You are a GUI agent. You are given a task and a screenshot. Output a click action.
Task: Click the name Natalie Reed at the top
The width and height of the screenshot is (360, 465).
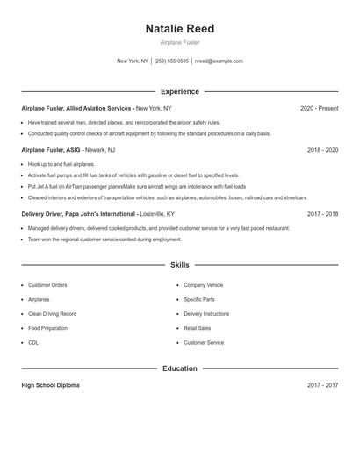[179, 28]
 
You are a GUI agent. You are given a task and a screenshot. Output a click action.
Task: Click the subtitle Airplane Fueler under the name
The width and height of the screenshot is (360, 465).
[179, 42]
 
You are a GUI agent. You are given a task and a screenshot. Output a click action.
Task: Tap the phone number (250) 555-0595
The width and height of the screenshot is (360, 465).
[171, 61]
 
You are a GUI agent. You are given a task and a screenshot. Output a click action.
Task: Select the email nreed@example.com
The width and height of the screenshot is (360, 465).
[219, 61]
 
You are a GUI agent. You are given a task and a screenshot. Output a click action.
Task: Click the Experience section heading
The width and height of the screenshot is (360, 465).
[179, 91]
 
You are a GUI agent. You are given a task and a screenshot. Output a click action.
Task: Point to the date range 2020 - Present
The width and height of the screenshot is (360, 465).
[319, 108]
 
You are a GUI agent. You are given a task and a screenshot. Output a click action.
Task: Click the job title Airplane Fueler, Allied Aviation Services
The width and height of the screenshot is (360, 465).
[76, 108]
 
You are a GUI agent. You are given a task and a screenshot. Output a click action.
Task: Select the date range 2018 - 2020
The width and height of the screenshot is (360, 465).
[322, 150]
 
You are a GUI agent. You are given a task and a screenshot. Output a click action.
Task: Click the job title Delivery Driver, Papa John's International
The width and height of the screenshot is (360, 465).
[78, 213]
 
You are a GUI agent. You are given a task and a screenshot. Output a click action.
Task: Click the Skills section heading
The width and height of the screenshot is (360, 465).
[179, 264]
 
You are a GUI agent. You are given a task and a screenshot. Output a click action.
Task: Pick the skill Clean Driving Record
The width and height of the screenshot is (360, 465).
[52, 313]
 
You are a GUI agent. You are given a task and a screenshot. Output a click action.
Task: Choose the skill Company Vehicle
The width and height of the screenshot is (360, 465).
[203, 285]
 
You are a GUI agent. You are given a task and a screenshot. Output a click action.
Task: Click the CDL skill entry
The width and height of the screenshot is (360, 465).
[33, 342]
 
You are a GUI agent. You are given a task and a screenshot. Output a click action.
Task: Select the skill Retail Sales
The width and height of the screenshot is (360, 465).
[198, 328]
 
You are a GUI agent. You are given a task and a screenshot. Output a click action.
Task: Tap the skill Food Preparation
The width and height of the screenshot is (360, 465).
[49, 328]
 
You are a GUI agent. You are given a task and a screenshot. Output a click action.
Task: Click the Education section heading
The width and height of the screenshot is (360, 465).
[179, 368]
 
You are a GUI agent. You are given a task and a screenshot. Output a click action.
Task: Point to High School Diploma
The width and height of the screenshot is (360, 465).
[51, 385]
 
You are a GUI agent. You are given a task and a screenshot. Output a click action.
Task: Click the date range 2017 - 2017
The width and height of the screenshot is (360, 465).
[322, 385]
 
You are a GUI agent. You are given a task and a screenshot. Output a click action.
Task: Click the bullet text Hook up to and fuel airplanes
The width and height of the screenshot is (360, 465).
[61, 164]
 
